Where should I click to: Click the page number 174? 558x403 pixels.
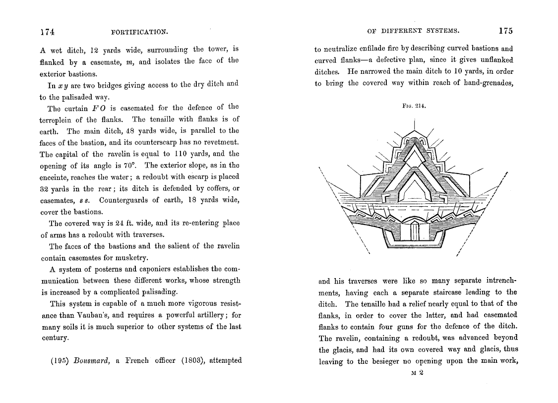47,31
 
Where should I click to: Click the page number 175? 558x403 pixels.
505,31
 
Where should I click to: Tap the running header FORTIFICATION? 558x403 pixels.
140,32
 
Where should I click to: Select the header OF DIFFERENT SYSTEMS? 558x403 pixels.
413,31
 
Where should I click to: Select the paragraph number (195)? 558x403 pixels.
60,360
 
